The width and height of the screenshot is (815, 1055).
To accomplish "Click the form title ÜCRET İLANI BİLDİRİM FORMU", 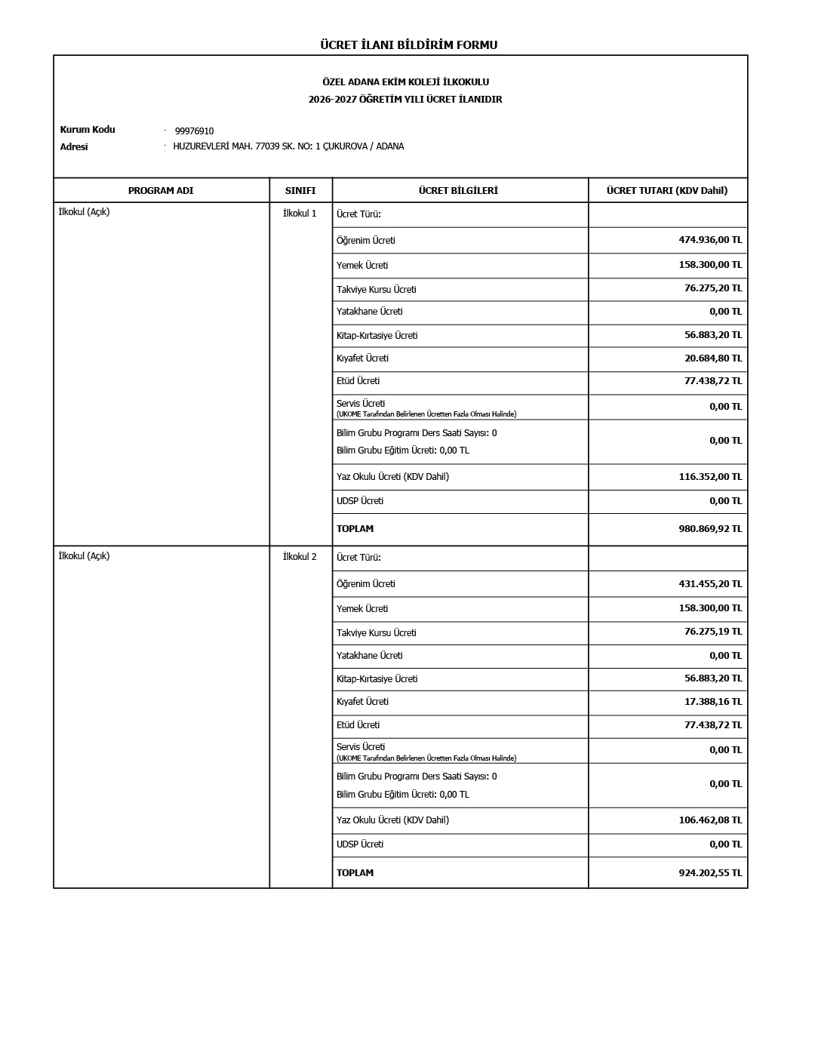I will click(408, 45).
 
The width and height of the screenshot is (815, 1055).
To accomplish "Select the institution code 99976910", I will click(194, 131).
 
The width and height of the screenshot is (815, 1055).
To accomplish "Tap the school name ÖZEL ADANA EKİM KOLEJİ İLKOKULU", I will click(405, 82).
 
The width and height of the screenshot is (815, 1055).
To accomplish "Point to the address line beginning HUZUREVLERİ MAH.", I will click(288, 146).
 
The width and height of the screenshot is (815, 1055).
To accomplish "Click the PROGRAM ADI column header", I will click(161, 191).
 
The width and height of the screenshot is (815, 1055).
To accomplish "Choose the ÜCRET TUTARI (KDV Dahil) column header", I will click(667, 191).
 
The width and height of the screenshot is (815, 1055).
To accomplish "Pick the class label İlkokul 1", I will click(300, 214).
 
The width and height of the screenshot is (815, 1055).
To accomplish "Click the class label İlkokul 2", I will click(300, 557).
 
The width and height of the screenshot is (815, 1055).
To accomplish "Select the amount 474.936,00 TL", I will click(710, 240).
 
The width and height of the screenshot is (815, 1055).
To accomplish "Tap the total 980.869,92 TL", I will click(710, 529).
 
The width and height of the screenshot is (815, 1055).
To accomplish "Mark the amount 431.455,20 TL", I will click(710, 584).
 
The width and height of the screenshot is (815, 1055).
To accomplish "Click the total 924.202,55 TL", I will click(710, 873).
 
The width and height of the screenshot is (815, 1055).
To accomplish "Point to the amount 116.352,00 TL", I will click(710, 477).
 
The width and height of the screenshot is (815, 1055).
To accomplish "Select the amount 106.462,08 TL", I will click(710, 820).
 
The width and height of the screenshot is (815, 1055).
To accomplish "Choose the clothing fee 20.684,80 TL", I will click(713, 358).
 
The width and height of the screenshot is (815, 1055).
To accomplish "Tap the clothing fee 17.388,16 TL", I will click(713, 702).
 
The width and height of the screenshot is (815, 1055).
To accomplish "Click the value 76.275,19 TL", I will click(713, 632).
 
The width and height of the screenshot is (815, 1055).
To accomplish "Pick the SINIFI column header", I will click(300, 191).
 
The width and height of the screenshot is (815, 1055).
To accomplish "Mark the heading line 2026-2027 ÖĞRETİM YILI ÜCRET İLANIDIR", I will click(405, 100).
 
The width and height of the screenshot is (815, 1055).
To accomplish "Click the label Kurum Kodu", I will click(88, 130).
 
